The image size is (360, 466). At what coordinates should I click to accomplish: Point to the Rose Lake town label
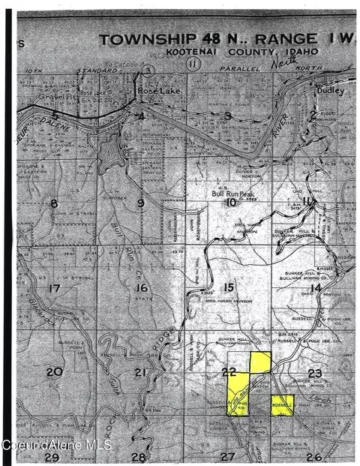(155, 90)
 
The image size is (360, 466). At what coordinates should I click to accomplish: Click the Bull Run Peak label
(232, 193)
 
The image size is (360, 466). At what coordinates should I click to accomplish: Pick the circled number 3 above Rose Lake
(148, 70)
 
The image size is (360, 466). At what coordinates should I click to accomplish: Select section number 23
(313, 372)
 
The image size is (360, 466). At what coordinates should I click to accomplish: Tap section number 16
(142, 287)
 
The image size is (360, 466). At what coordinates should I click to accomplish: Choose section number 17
(52, 288)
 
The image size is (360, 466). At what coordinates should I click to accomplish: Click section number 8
(54, 203)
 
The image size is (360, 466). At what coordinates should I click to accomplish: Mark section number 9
(140, 203)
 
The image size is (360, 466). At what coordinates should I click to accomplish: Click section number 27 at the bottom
(227, 456)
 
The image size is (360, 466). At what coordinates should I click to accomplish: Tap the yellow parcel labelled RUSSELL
(283, 405)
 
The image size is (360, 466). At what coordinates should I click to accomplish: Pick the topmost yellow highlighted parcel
(260, 362)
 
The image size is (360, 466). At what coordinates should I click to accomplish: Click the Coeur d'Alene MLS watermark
(56, 445)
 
